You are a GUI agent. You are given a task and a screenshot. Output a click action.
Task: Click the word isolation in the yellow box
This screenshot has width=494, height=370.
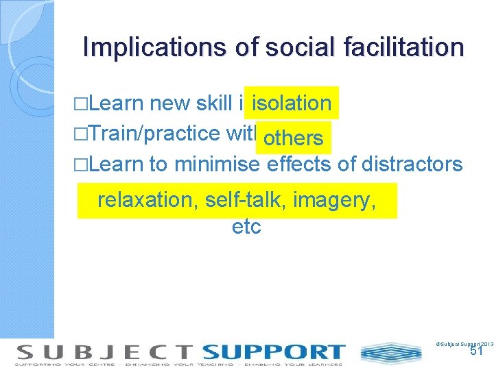[292, 103]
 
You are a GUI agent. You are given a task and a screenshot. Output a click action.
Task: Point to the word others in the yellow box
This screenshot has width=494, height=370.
[293, 138]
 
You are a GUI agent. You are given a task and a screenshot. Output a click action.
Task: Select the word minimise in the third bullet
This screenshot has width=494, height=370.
[217, 164]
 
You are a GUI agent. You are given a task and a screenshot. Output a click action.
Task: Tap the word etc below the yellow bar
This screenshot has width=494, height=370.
[247, 226]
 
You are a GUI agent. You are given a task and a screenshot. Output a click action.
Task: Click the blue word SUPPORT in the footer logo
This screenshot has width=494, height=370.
[273, 352]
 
